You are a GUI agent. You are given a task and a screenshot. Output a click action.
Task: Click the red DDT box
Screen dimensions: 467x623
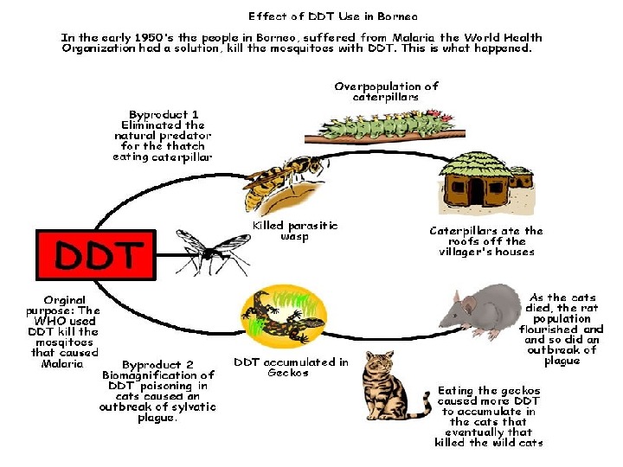click(x=96, y=254)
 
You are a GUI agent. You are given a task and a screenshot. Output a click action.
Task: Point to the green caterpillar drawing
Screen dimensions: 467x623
click(x=373, y=126)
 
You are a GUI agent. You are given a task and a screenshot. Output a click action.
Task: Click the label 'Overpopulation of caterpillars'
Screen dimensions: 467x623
click(x=386, y=92)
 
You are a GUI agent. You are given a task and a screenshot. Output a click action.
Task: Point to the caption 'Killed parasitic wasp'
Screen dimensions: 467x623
click(x=294, y=230)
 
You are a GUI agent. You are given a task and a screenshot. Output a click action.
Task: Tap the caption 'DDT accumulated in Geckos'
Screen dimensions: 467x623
click(x=291, y=368)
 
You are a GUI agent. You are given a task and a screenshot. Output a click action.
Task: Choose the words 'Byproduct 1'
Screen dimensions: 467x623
click(x=164, y=114)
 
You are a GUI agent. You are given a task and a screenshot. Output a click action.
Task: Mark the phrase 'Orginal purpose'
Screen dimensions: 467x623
click(x=63, y=305)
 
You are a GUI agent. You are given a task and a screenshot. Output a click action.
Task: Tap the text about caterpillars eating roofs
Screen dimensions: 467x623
click(x=486, y=241)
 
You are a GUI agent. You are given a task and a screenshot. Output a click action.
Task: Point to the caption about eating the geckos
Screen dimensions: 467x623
click(x=489, y=416)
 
